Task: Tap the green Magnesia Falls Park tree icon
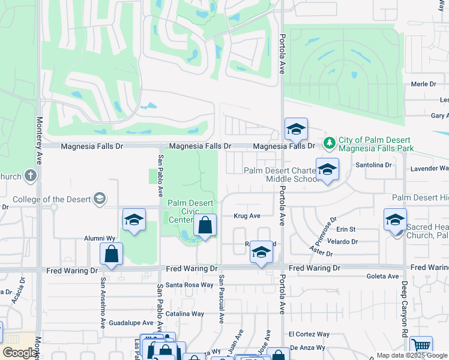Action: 329,143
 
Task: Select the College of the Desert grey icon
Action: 100,199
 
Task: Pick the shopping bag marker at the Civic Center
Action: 205,226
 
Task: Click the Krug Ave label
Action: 247,216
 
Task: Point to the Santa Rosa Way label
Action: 189,285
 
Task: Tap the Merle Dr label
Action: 423,84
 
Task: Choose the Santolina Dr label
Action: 373,164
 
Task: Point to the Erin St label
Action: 346,229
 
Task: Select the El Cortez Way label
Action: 309,334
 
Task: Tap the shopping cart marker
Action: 421,346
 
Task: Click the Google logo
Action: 19,353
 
